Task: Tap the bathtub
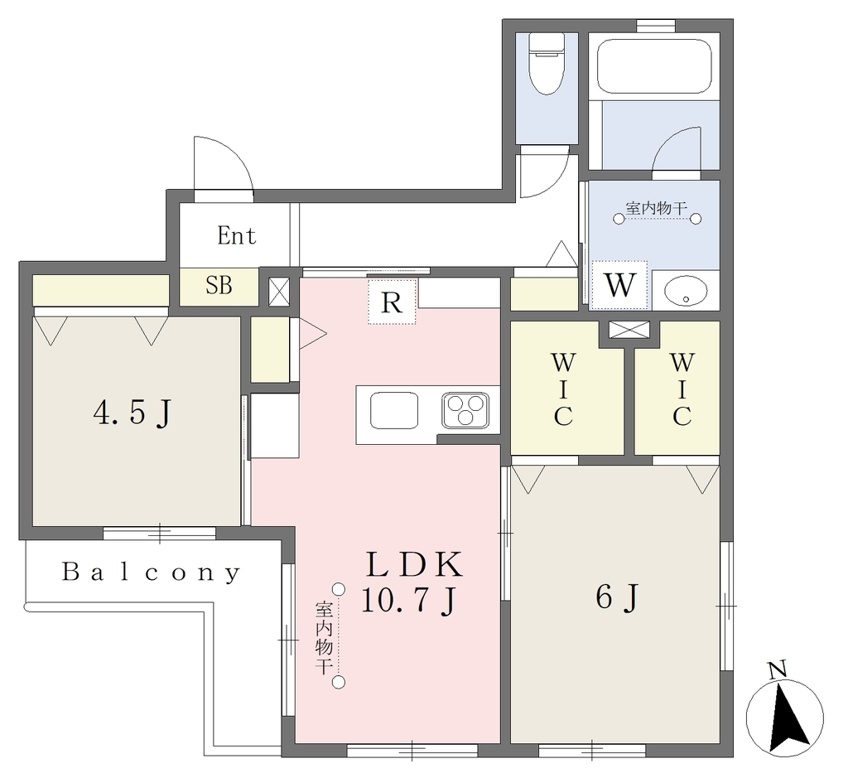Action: tap(654, 65)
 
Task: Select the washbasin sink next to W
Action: tap(685, 292)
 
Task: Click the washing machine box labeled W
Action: tap(619, 285)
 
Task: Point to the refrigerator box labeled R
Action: tap(392, 302)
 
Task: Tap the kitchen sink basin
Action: tap(394, 411)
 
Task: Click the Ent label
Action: tap(236, 235)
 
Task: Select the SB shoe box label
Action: tap(219, 285)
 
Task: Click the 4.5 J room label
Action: tap(132, 414)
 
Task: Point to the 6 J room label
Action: tap(618, 597)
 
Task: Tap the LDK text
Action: tap(414, 564)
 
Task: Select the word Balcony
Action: tap(152, 573)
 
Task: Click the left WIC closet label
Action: tap(563, 389)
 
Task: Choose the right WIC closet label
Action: tap(682, 389)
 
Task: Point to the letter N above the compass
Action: tap(778, 671)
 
